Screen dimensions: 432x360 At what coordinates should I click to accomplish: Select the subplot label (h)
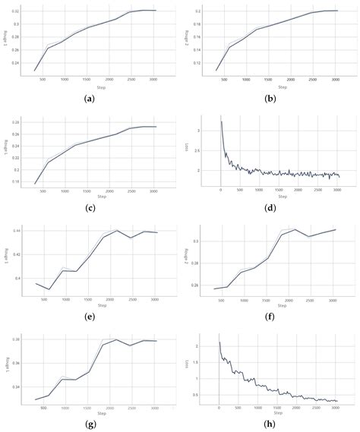(271, 424)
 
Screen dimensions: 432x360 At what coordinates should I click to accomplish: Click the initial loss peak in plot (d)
(221, 121)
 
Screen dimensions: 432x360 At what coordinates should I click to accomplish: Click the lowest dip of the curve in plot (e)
(49, 289)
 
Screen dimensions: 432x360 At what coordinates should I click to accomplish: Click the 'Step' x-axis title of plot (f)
(282, 304)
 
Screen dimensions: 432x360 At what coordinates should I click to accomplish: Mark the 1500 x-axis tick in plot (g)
(87, 406)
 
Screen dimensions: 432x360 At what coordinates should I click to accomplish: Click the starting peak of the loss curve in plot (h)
(219, 342)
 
